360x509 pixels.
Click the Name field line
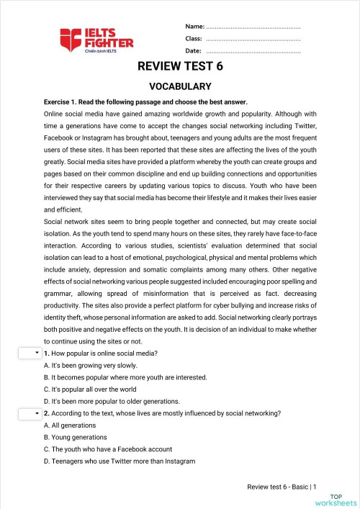(253, 27)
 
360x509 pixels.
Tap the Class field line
(253, 39)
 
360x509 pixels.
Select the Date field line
(253, 51)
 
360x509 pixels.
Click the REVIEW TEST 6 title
(180, 68)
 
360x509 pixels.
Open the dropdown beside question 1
(30, 353)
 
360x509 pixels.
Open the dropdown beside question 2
(30, 413)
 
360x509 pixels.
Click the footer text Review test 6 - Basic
(282, 487)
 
